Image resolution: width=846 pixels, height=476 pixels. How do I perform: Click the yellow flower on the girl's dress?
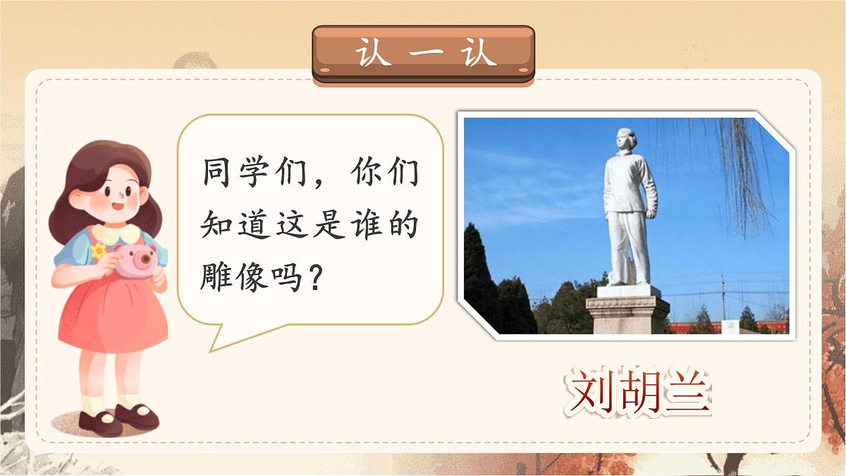(98, 251)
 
